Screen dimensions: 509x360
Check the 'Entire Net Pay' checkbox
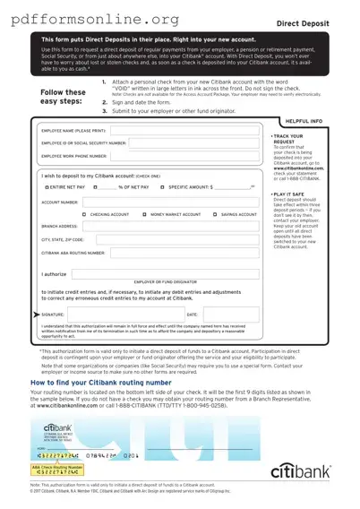point(47,187)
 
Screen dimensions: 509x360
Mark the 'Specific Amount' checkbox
point(162,187)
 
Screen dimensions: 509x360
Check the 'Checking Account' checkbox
point(84,215)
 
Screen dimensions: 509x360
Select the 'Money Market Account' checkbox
point(144,215)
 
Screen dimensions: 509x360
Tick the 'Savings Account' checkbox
point(215,215)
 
